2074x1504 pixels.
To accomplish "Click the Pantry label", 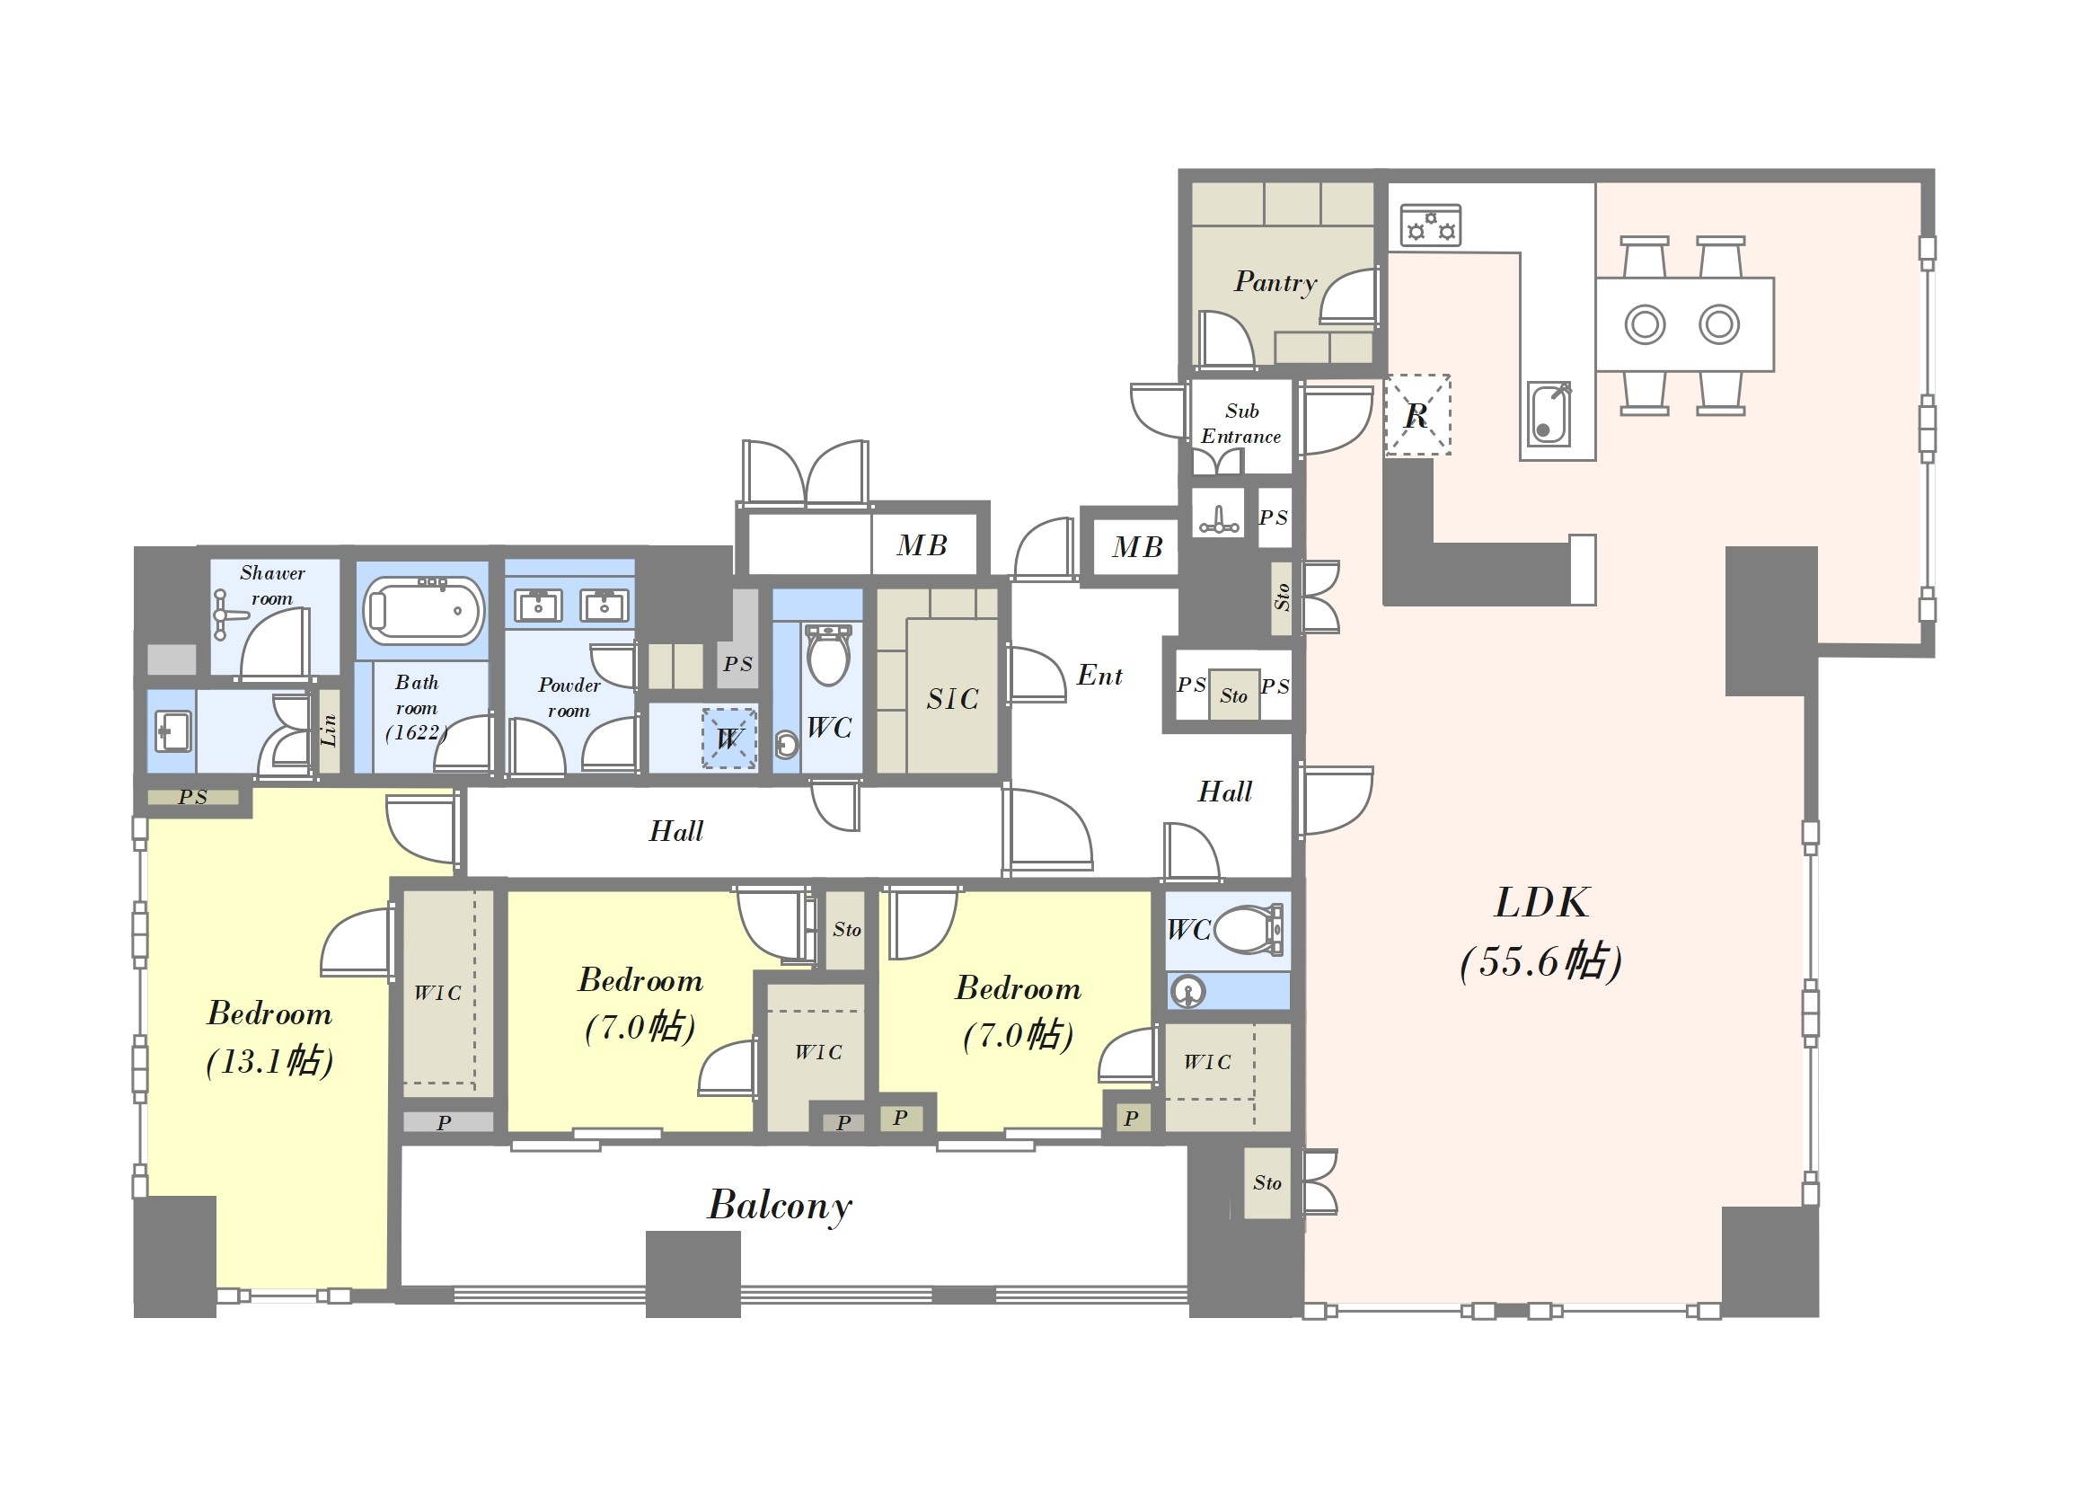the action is click(1275, 282).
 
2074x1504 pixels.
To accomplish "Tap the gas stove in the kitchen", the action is click(1430, 225).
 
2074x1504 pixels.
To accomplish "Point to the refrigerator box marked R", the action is click(1417, 414).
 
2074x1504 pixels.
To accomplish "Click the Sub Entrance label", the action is click(1241, 423).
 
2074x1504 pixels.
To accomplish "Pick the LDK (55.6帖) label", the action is click(1540, 932).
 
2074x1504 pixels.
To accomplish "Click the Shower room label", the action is click(272, 586).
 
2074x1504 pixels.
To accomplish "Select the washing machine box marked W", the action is click(728, 738).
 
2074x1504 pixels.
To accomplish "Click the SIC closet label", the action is click(952, 699).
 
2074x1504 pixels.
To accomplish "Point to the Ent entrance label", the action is click(1099, 675).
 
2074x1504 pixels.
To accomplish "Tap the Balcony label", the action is click(779, 1205).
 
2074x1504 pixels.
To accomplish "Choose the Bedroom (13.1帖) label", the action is click(269, 1037).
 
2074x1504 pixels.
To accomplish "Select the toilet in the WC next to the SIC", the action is click(828, 653).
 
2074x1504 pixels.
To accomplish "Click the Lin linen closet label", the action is click(330, 730).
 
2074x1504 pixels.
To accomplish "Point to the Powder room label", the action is click(569, 697).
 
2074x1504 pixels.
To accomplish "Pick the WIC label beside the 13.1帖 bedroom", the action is click(437, 993).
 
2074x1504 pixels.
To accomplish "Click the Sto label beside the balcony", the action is click(1266, 1183).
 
